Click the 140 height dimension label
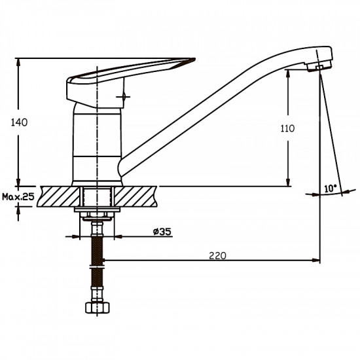[x=19, y=122]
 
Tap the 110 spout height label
[x=287, y=128]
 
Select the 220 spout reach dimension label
[x=217, y=255]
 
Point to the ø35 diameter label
[x=162, y=232]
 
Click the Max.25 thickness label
[x=18, y=197]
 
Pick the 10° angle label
[x=331, y=189]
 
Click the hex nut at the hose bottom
[x=98, y=308]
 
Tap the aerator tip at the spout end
[x=319, y=67]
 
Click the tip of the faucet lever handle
[x=194, y=59]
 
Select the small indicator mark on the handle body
[x=124, y=97]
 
